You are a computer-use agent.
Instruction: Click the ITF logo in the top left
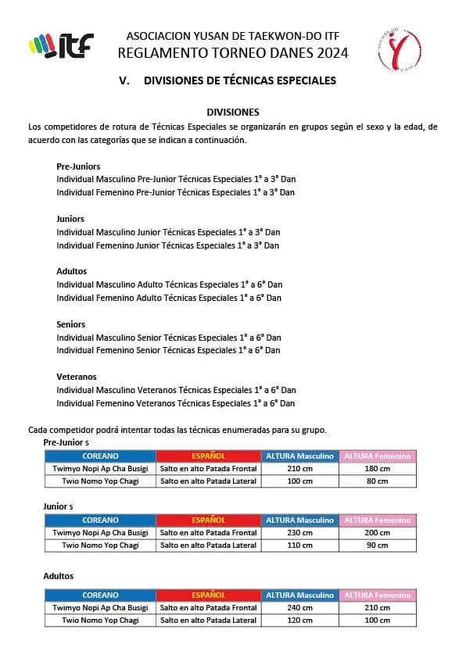60,45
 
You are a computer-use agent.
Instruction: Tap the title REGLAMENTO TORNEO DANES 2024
233,53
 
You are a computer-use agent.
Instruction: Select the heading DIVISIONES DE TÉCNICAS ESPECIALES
240,80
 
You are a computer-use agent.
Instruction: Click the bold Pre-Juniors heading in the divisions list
78,166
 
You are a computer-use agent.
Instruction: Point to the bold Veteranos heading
77,377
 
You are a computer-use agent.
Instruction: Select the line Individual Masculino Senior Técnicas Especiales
169,338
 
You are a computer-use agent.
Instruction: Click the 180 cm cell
377,469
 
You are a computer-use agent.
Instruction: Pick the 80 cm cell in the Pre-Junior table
377,481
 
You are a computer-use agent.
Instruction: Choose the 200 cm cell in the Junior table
377,533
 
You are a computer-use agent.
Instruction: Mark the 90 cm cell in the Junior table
377,545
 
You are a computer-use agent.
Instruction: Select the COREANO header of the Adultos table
100,595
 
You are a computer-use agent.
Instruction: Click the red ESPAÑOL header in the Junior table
208,520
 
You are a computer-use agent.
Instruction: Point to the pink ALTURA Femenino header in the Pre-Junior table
377,456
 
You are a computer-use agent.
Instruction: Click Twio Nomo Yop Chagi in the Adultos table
100,620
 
